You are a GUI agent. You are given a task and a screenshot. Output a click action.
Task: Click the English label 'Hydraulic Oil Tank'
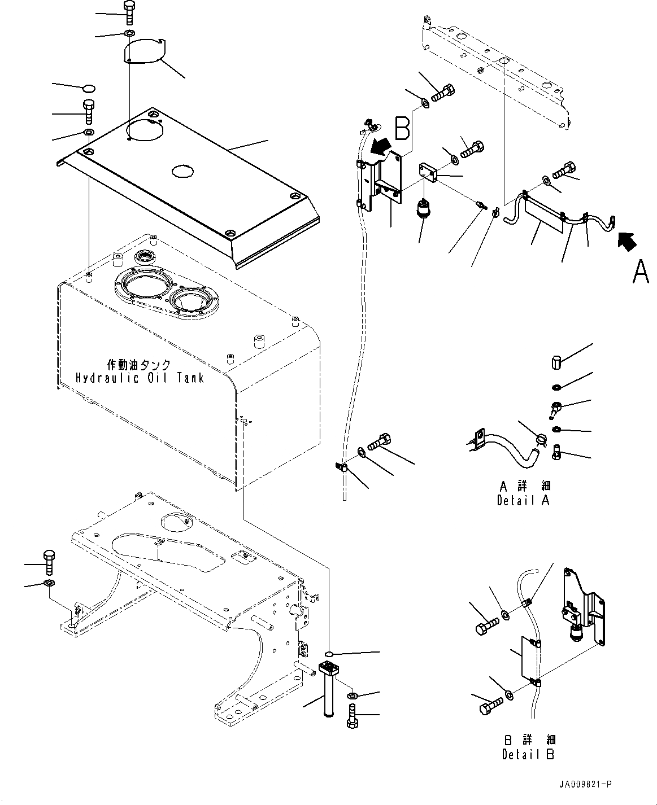click(140, 378)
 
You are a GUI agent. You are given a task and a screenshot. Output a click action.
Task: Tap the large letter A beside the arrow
click(641, 272)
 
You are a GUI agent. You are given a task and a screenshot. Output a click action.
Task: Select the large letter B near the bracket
click(402, 129)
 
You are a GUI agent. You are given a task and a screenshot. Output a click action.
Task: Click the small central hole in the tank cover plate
click(183, 170)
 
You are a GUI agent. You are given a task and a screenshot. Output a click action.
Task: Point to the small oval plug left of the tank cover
click(88, 88)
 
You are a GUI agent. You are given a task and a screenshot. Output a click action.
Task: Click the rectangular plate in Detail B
click(530, 658)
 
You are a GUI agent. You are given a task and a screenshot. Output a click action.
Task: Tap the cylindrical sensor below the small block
click(424, 208)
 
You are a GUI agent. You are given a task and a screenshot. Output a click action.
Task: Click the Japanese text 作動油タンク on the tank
click(138, 365)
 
